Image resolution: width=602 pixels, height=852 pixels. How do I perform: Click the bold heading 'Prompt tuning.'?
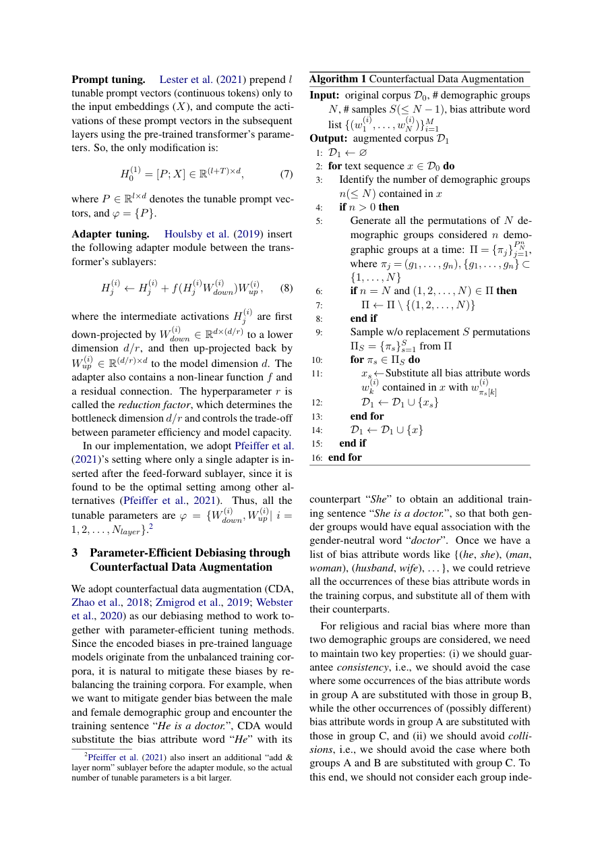pyautogui.click(x=109, y=80)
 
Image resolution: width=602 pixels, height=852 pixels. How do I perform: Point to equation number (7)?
pyautogui.click(x=286, y=174)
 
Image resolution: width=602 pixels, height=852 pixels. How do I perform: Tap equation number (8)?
pyautogui.click(x=286, y=288)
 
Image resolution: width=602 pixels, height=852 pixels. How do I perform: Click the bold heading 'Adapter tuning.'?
pyautogui.click(x=111, y=234)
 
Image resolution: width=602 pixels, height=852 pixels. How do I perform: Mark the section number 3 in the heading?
pyautogui.click(x=76, y=552)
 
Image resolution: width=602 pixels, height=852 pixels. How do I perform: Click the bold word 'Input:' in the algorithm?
pyautogui.click(x=324, y=95)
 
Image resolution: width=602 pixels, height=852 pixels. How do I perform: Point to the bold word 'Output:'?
pyautogui.click(x=328, y=138)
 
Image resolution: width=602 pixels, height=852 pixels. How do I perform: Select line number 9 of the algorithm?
pyautogui.click(x=320, y=332)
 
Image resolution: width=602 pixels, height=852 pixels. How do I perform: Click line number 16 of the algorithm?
pyautogui.click(x=318, y=457)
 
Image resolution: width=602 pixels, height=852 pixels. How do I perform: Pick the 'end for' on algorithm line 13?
pyautogui.click(x=367, y=416)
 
